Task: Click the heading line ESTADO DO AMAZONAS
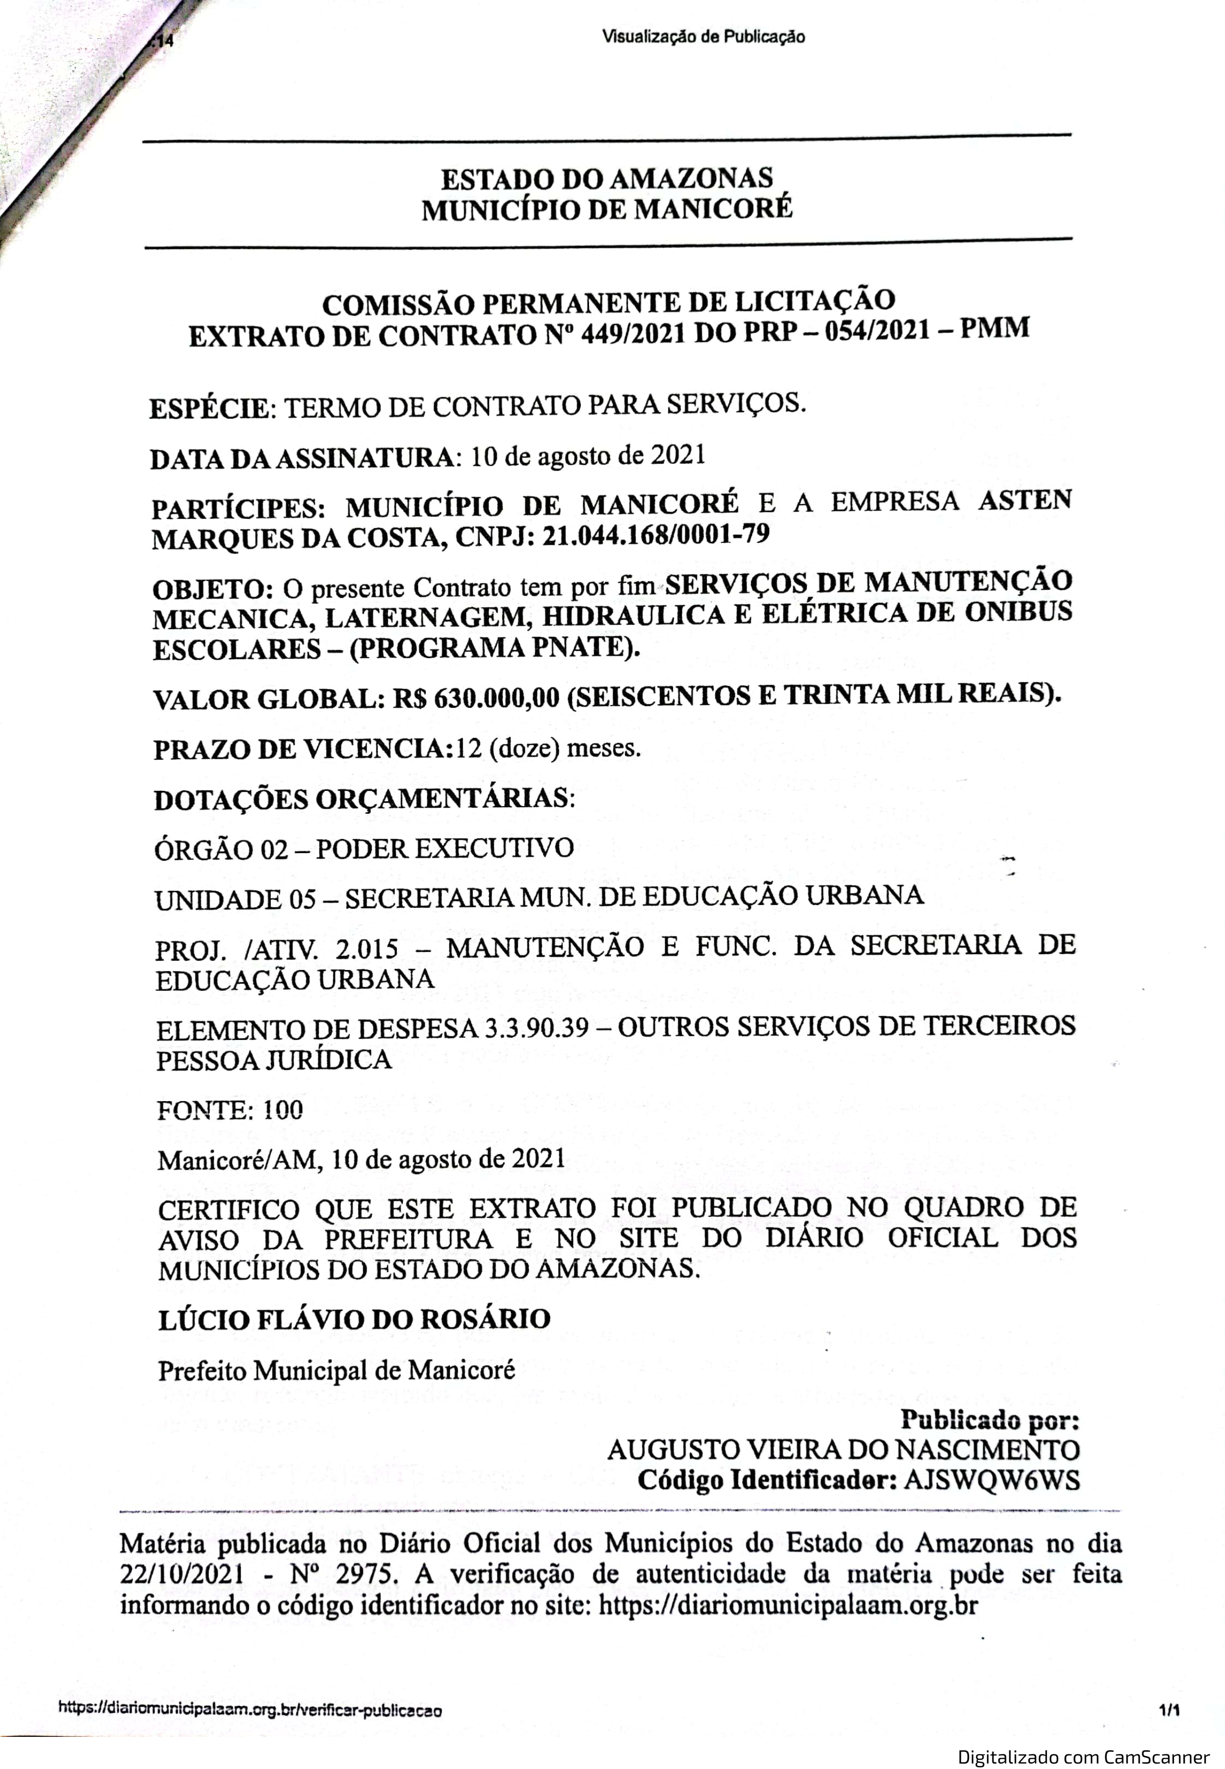pos(606,180)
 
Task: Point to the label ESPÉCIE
pos(210,408)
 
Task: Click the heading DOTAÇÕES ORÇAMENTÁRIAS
pos(363,799)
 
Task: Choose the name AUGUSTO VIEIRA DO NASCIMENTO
pos(844,1450)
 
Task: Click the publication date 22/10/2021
pos(183,1575)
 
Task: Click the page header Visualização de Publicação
pos(704,36)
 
